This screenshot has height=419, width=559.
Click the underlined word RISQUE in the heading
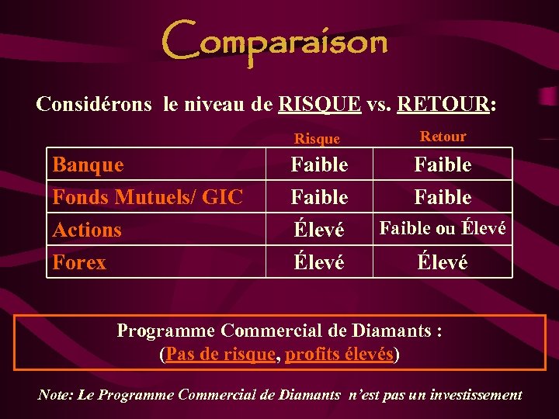(319, 104)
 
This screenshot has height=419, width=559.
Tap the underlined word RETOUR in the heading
(443, 104)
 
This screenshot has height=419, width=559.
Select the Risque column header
(317, 138)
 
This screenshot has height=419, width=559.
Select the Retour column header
(443, 137)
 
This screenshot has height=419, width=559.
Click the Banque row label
(88, 164)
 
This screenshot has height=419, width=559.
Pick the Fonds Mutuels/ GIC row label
(148, 197)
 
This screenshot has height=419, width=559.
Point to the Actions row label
(87, 230)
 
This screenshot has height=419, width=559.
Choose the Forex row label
(79, 262)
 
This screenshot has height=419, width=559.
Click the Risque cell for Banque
(319, 164)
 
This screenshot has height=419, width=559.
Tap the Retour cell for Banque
(443, 164)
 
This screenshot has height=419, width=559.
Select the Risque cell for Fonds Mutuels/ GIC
(319, 197)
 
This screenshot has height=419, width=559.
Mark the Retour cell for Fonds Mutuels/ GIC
(443, 197)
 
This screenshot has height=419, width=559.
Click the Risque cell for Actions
(319, 230)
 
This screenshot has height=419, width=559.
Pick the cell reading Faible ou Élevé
(443, 228)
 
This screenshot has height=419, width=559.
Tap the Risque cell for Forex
(319, 263)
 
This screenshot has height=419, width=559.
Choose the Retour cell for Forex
(443, 262)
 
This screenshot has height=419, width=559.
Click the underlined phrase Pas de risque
(220, 355)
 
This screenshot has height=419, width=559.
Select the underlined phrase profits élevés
(340, 355)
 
